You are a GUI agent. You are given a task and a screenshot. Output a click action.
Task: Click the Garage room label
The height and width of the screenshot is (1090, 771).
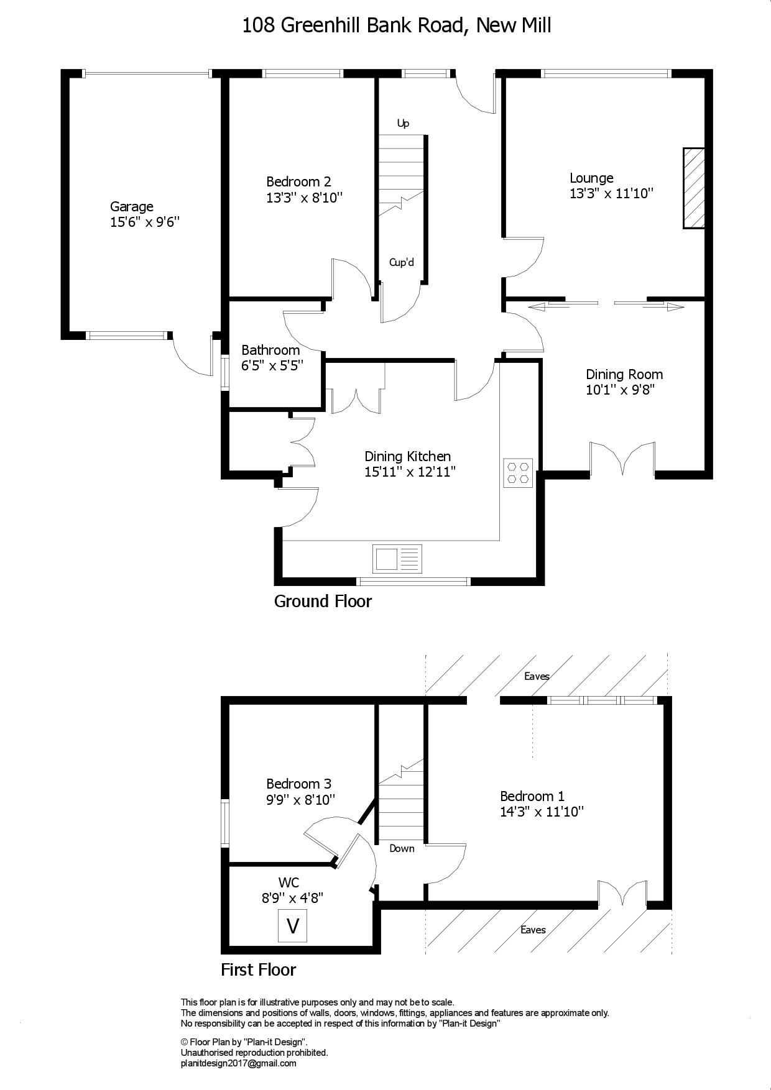click(132, 207)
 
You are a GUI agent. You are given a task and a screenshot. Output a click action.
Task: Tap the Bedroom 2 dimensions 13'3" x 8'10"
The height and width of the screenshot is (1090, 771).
click(305, 198)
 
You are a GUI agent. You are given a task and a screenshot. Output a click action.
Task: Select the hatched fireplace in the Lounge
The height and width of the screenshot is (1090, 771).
click(694, 188)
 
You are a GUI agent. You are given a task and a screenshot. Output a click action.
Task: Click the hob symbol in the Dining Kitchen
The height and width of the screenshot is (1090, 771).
click(519, 472)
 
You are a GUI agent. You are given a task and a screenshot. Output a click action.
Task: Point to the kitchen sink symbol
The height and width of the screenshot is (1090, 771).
click(397, 558)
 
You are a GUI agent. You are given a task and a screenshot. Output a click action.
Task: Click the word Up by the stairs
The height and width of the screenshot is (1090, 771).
click(404, 124)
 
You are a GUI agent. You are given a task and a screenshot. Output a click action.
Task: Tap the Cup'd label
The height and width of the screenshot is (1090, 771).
click(402, 262)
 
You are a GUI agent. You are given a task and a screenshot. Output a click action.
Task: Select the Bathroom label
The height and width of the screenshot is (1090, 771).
click(270, 350)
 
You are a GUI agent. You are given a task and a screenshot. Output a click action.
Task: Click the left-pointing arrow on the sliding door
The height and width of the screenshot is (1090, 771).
click(547, 306)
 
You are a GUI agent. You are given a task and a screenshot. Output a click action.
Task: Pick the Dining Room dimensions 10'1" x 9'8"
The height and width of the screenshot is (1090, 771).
click(621, 390)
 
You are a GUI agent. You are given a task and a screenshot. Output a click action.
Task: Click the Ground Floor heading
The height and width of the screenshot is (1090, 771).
click(323, 602)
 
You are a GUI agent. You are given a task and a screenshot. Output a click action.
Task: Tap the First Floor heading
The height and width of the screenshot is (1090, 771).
click(259, 970)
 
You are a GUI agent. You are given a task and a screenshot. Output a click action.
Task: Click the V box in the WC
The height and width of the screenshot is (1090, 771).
click(292, 926)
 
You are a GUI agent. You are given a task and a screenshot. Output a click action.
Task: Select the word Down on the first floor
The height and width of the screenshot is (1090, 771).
click(402, 849)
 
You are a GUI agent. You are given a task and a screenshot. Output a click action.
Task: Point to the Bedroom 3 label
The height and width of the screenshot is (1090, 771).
click(298, 784)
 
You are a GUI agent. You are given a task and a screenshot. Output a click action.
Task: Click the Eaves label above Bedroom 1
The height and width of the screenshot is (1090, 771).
click(537, 676)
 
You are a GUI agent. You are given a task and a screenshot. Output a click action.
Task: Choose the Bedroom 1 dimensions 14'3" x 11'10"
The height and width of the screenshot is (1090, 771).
click(542, 812)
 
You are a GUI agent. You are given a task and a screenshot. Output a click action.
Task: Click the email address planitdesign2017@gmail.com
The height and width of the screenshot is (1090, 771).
click(238, 1063)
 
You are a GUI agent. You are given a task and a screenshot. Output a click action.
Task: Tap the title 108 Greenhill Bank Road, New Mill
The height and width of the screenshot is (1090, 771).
click(396, 25)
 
